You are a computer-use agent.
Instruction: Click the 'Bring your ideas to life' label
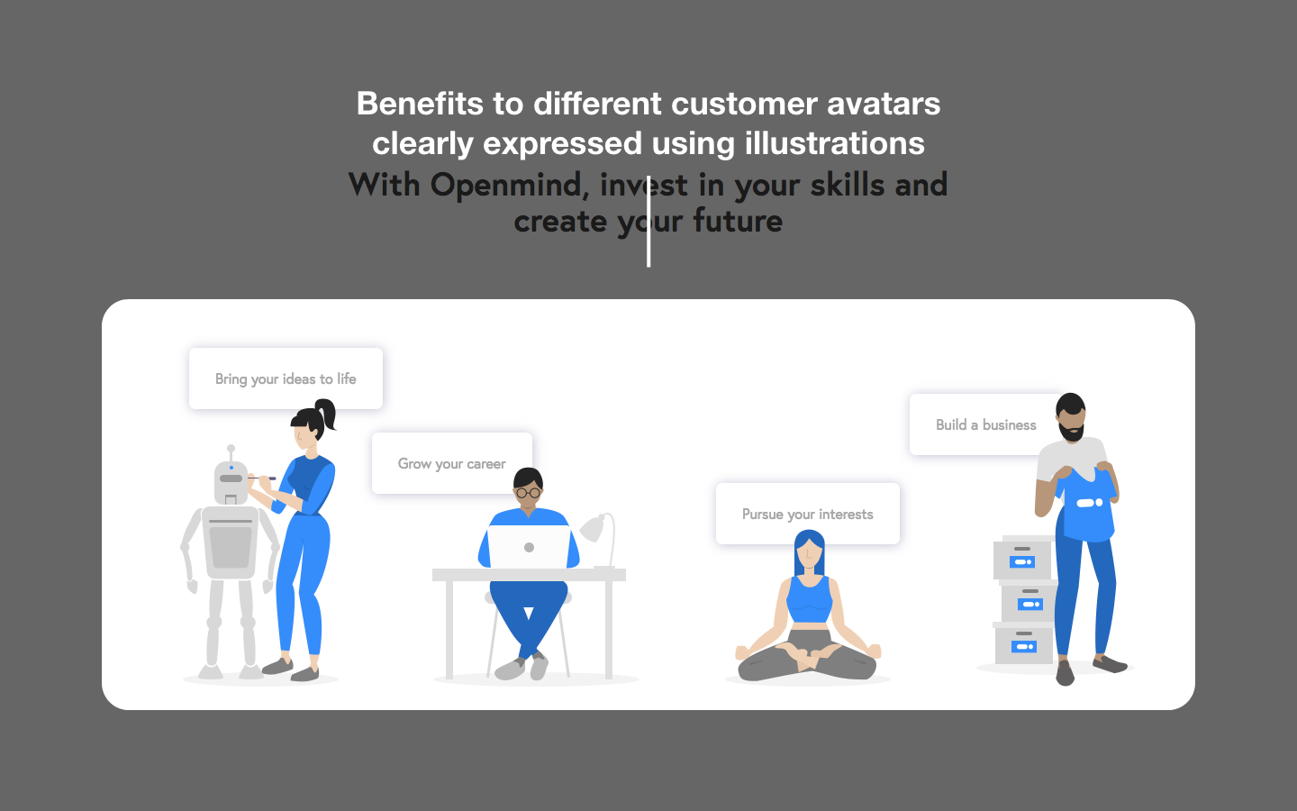(286, 379)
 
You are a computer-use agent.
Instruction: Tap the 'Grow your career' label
(451, 464)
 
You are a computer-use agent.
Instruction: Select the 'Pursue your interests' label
(807, 515)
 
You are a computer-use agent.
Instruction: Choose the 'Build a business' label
(985, 425)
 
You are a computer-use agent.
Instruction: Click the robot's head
(231, 482)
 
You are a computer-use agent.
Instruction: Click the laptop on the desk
(529, 547)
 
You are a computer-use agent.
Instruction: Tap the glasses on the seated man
(528, 493)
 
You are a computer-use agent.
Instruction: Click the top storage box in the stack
(1022, 559)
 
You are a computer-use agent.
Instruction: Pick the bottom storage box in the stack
(1023, 643)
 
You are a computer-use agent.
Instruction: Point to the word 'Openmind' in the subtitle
(509, 185)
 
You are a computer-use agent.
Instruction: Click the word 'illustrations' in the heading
(834, 143)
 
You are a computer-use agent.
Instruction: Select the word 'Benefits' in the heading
(420, 104)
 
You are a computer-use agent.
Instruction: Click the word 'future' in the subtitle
(738, 222)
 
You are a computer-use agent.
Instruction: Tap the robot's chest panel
(231, 544)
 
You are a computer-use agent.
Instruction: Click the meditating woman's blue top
(809, 599)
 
